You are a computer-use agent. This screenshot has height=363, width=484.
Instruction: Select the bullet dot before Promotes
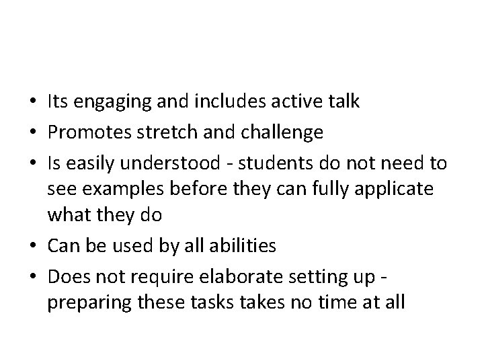[x=34, y=132]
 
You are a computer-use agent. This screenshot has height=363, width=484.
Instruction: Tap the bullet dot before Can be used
[x=34, y=247]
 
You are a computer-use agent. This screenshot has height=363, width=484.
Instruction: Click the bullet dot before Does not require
[x=34, y=276]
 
